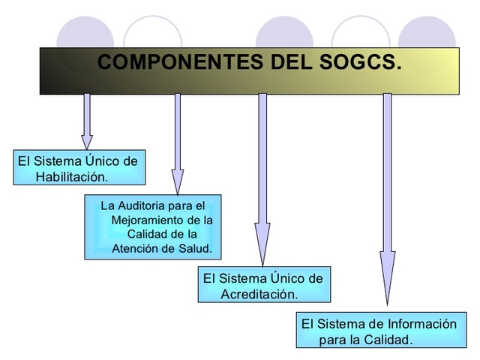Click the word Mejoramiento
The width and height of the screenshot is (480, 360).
[x=145, y=220]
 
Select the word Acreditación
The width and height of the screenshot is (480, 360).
[x=259, y=294]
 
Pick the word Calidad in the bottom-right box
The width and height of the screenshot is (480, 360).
[x=389, y=340]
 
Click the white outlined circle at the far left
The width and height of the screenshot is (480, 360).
[x=153, y=34]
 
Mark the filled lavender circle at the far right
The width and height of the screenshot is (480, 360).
[x=427, y=34]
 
